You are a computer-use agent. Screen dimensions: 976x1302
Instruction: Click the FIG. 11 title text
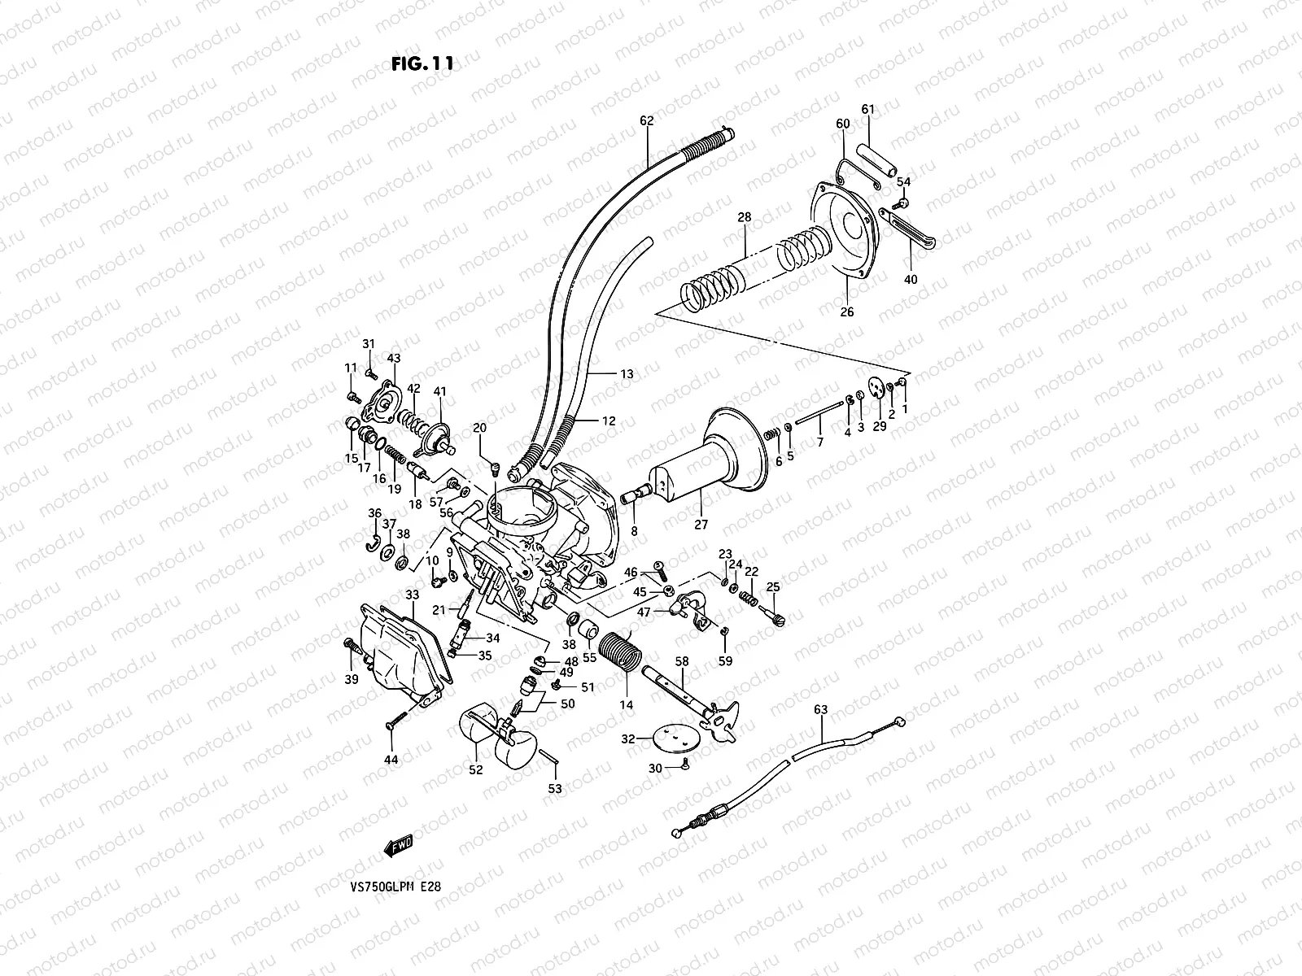click(422, 64)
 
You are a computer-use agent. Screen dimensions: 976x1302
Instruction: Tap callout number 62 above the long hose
click(646, 120)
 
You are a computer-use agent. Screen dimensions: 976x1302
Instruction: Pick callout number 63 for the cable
click(820, 709)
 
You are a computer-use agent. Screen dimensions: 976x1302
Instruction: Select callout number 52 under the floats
click(476, 769)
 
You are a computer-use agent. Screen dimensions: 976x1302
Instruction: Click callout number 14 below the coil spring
click(626, 705)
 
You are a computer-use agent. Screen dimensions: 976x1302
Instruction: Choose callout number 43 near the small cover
click(394, 358)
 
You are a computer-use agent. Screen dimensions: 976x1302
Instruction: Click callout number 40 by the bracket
click(911, 279)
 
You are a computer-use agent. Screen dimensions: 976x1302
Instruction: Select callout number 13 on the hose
click(626, 374)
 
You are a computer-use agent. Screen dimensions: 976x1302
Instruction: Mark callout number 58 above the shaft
click(681, 662)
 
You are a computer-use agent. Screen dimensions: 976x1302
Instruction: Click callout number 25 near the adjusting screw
click(772, 586)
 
